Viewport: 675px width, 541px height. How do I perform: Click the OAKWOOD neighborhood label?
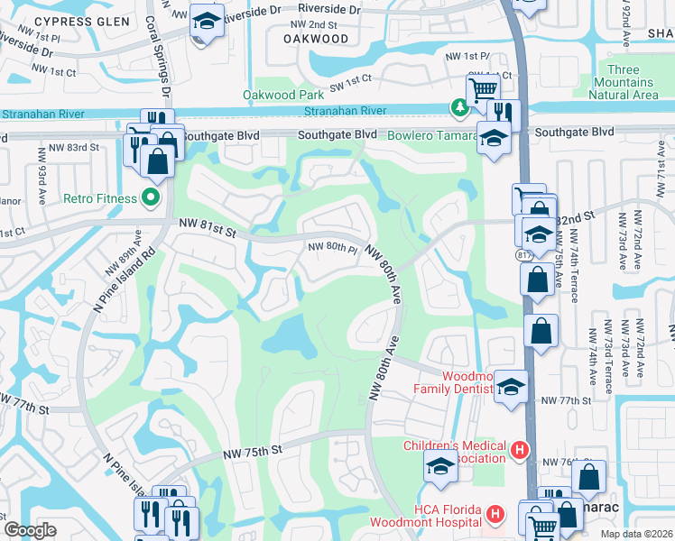click(x=316, y=39)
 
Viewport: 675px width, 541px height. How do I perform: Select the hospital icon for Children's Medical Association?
click(x=519, y=449)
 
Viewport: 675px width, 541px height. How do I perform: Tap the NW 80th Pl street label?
click(x=334, y=247)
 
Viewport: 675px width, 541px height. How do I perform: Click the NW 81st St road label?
click(x=207, y=226)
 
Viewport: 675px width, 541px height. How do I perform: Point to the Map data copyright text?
click(x=636, y=534)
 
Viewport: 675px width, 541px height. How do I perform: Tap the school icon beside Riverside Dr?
click(x=207, y=23)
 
